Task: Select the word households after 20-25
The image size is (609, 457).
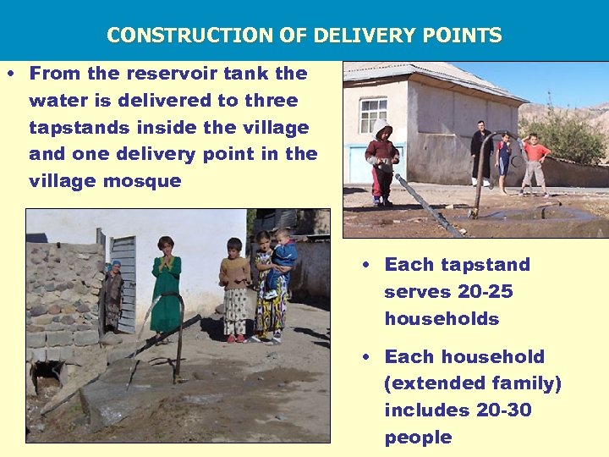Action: pyautogui.click(x=441, y=319)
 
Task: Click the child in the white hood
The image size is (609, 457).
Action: pyautogui.click(x=382, y=161)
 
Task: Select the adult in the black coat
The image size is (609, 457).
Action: pyautogui.click(x=480, y=152)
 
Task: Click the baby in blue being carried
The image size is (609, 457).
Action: pyautogui.click(x=284, y=254)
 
